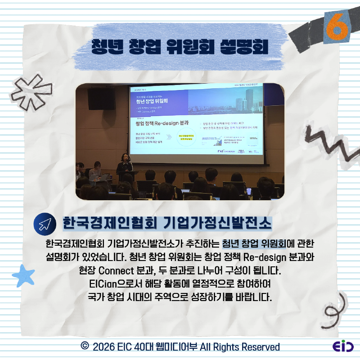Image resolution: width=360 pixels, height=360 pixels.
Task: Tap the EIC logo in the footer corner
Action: [x=342, y=347]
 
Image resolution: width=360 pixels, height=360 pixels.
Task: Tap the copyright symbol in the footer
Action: [x=84, y=346]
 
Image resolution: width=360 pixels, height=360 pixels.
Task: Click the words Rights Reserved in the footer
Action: [x=250, y=347]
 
